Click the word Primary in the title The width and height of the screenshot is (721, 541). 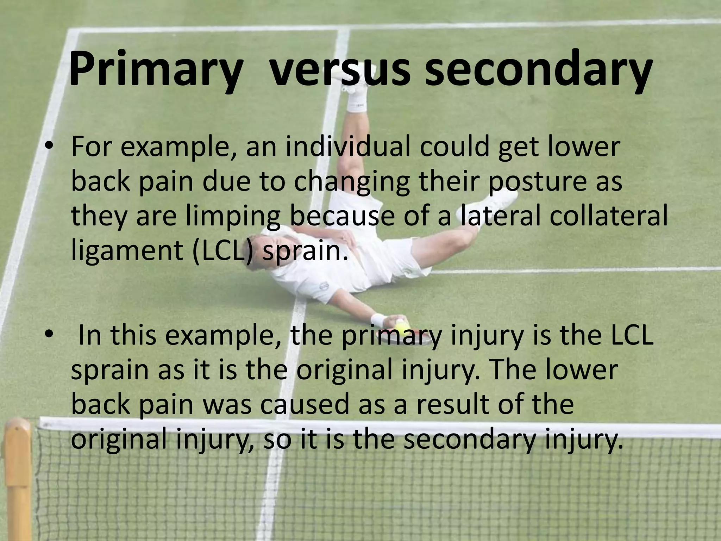(x=154, y=69)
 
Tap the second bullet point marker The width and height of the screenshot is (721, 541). (x=50, y=335)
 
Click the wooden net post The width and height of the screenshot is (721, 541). (x=18, y=479)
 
